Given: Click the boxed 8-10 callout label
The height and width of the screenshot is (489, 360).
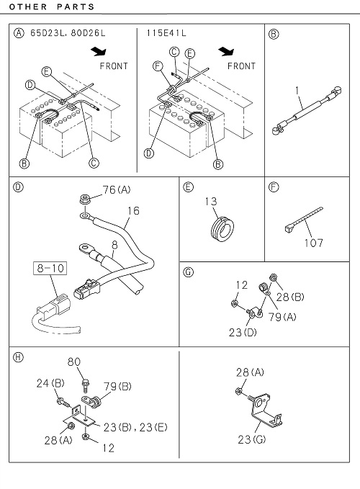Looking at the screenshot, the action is coord(50,268).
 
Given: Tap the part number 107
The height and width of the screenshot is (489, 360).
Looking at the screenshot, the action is coord(313,243).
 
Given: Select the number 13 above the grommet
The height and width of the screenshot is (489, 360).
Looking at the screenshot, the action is coord(211,202).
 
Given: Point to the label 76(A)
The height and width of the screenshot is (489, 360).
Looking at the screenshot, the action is coord(117,189).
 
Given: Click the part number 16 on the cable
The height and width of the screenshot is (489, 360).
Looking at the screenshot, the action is coord(133,211).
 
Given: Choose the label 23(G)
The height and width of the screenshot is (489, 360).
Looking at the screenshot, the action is coord(252,439).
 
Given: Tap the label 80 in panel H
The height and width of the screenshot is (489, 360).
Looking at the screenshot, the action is coord(74,362).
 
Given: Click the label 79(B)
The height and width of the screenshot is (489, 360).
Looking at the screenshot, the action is coord(117,387).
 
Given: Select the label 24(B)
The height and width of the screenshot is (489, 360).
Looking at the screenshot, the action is coord(50,383).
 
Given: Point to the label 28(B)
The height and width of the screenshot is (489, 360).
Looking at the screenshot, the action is coord(290,297).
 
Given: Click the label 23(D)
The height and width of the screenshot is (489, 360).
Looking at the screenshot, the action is coord(243,333).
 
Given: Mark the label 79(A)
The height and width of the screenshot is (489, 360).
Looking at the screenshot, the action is coord(282,317).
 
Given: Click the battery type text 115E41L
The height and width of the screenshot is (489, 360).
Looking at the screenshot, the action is coord(166,33).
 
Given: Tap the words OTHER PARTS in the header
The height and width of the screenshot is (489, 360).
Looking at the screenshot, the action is coord(52,7).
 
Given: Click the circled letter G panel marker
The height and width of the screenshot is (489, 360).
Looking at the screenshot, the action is coord(189,272).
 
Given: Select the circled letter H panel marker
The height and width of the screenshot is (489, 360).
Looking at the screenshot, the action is coord(19,357).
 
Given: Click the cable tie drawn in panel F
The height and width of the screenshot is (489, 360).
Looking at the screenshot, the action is coord(304,220).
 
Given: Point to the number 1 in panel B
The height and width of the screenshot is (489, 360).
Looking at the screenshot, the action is coord(297,91).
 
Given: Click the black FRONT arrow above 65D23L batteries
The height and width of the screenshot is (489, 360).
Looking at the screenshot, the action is coord(99,52).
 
